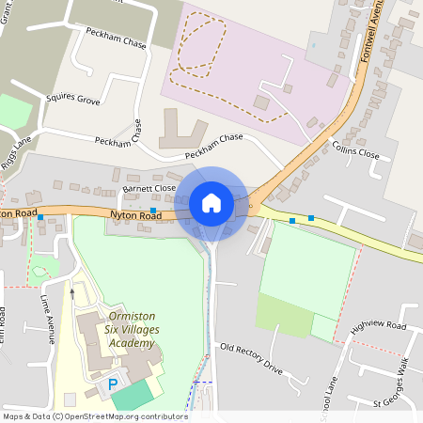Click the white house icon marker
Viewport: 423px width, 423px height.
point(211,202)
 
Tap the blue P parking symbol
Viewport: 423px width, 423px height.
point(114,384)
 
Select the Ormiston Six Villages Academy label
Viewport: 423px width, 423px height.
point(132,330)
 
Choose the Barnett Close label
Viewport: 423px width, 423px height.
point(149,188)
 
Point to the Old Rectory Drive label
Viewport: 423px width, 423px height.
point(251,357)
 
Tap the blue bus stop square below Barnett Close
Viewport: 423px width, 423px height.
point(153,210)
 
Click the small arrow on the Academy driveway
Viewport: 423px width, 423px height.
point(71,292)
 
